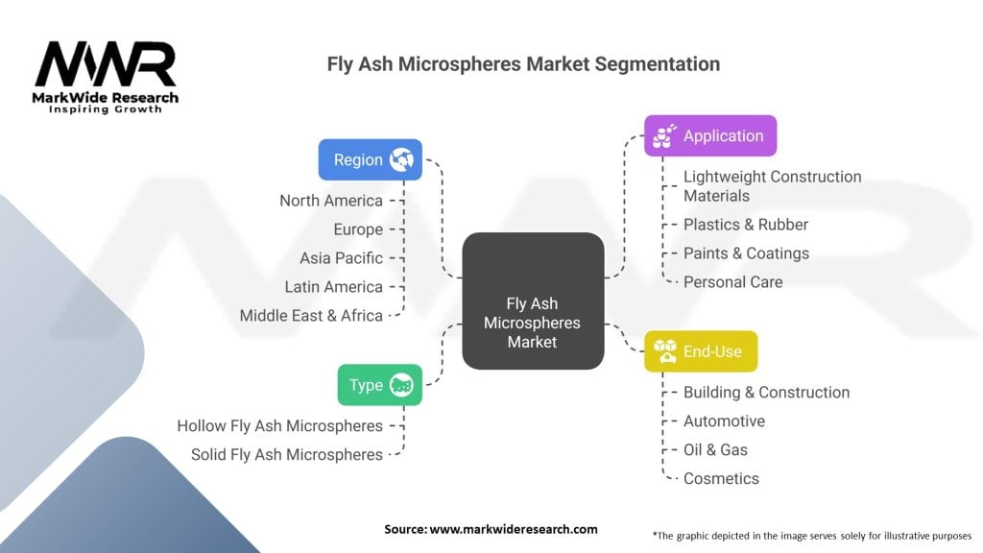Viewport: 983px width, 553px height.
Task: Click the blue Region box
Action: (370, 160)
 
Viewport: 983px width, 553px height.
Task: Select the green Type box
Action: (380, 385)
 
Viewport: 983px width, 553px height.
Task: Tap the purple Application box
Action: (710, 135)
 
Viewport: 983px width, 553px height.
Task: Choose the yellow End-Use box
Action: (701, 351)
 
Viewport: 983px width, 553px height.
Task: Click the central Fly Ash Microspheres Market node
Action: (533, 301)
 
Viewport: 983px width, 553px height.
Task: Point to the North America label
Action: (331, 201)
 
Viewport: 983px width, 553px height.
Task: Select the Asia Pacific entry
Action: (341, 258)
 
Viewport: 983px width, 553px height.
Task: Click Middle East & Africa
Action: (311, 315)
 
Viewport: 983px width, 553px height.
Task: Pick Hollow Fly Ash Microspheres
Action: (279, 425)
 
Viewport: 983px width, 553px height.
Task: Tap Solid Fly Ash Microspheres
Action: (286, 454)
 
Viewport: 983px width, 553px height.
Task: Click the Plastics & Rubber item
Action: (745, 225)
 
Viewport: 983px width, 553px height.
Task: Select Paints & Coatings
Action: (746, 253)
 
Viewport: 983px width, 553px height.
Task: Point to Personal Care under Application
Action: (732, 282)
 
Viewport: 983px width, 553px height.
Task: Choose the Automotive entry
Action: (724, 421)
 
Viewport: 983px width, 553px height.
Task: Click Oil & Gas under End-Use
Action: (715, 450)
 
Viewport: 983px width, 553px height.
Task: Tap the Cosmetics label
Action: (721, 479)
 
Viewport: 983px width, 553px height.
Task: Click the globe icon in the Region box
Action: (401, 160)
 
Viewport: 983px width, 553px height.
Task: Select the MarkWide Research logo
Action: (106, 77)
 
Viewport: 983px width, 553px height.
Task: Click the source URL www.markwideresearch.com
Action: (514, 529)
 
